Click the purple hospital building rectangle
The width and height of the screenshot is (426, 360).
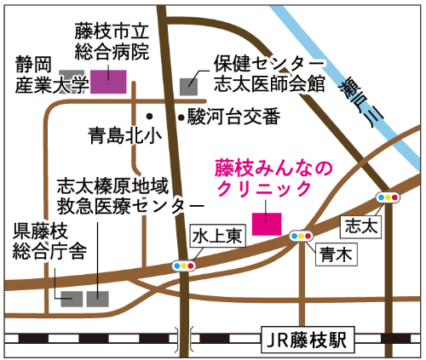point(109,81)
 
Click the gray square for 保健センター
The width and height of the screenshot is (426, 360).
point(189,84)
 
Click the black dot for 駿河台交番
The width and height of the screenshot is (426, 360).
point(180,116)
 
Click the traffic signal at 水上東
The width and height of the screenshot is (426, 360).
point(183,265)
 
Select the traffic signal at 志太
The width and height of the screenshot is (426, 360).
point(388,197)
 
